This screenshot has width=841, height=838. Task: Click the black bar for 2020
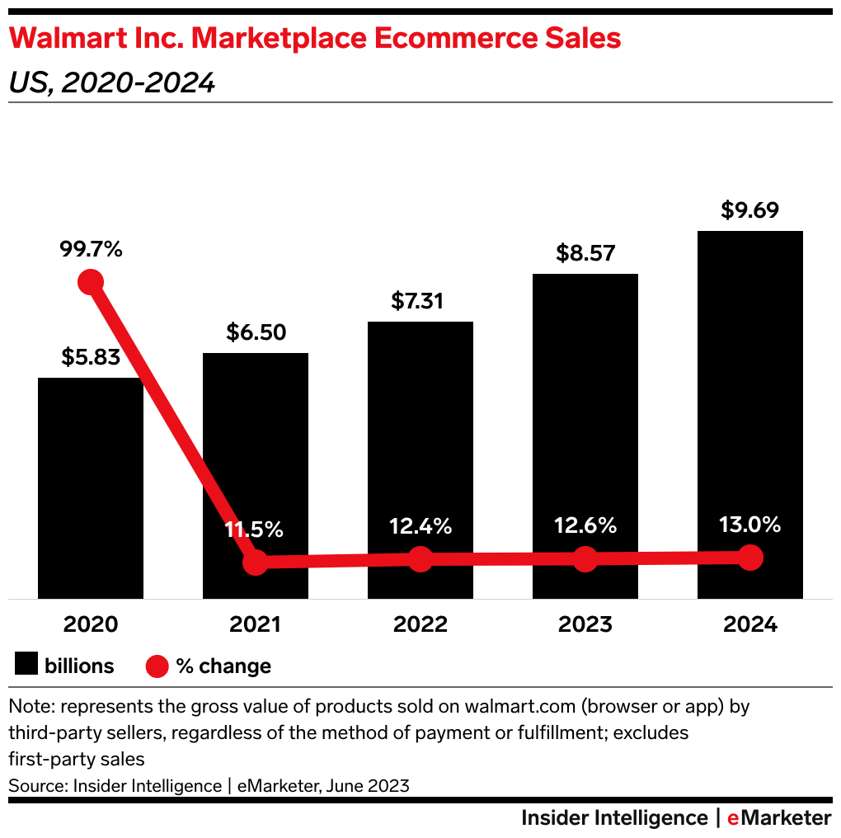pyautogui.click(x=91, y=487)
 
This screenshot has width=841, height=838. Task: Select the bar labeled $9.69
pyautogui.click(x=749, y=412)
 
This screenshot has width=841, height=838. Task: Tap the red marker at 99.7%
pyautogui.click(x=91, y=282)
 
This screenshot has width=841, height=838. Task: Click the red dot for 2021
pyautogui.click(x=256, y=563)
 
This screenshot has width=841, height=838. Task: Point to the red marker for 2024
pyautogui.click(x=749, y=558)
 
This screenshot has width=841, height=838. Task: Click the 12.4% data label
pyautogui.click(x=420, y=526)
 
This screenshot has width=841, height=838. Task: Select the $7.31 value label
pyautogui.click(x=420, y=301)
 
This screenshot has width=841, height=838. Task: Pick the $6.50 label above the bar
pyautogui.click(x=256, y=332)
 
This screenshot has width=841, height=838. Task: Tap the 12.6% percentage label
pyautogui.click(x=585, y=526)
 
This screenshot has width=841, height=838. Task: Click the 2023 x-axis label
pyautogui.click(x=585, y=624)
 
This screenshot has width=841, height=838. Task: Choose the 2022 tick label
pyautogui.click(x=420, y=624)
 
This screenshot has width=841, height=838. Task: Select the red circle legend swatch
pyautogui.click(x=157, y=665)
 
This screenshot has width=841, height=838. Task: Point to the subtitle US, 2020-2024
pyautogui.click(x=111, y=82)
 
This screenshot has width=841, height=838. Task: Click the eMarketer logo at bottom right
pyautogui.click(x=779, y=818)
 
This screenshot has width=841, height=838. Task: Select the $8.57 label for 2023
pyautogui.click(x=585, y=253)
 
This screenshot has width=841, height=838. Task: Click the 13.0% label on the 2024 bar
pyautogui.click(x=749, y=526)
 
